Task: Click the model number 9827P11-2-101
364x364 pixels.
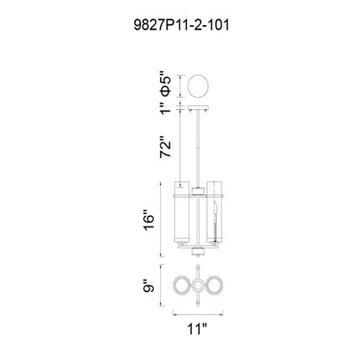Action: pyautogui.click(x=181, y=25)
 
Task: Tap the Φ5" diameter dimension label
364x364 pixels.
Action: pyautogui.click(x=165, y=84)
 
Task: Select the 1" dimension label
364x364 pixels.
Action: pyautogui.click(x=165, y=108)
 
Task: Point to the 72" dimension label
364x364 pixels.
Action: pyautogui.click(x=165, y=147)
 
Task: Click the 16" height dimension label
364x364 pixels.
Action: pyautogui.click(x=149, y=219)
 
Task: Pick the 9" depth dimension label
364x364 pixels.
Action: pyautogui.click(x=149, y=286)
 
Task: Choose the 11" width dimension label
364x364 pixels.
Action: pyautogui.click(x=197, y=329)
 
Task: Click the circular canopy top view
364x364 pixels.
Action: pyautogui.click(x=198, y=86)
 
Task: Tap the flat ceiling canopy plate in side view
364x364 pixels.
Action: pyautogui.click(x=198, y=108)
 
